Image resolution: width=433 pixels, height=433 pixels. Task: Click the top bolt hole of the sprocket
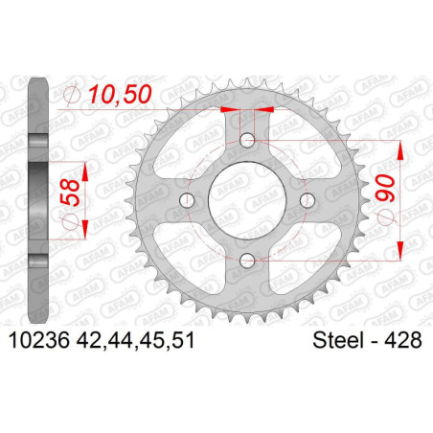(247, 140)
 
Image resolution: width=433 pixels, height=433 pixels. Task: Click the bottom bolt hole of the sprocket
(247, 261)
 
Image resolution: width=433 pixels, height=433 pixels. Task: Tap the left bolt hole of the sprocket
(187, 200)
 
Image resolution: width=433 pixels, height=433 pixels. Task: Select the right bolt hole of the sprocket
(308, 200)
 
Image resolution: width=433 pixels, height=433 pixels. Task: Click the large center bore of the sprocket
(247, 200)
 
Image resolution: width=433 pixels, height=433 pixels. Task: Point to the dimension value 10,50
(120, 95)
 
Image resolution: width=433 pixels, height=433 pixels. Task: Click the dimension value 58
(69, 193)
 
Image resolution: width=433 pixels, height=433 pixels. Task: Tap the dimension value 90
(385, 188)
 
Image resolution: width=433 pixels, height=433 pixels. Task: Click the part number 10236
(39, 340)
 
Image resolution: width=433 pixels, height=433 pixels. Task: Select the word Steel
(339, 340)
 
